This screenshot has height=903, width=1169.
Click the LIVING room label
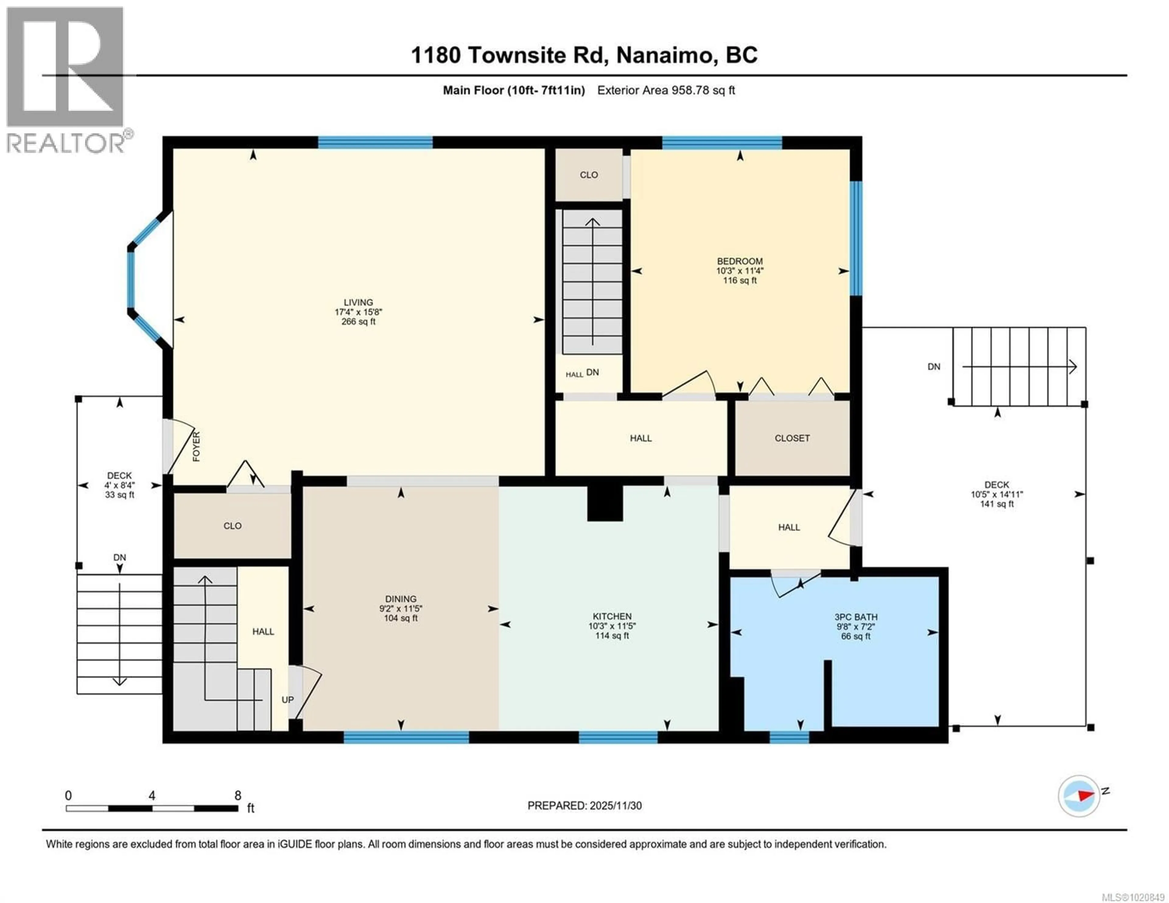tap(358, 303)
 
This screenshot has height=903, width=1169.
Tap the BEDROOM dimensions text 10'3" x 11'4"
tap(740, 271)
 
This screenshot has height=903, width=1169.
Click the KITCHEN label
tap(612, 616)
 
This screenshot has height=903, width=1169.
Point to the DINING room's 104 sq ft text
tap(400, 618)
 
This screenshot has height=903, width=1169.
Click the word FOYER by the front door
tap(196, 446)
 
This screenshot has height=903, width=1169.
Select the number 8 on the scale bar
tap(238, 795)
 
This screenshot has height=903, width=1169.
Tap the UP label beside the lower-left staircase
tap(287, 700)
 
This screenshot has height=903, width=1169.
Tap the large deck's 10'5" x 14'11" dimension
tap(997, 495)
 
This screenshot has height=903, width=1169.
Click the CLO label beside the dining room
tap(232, 526)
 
